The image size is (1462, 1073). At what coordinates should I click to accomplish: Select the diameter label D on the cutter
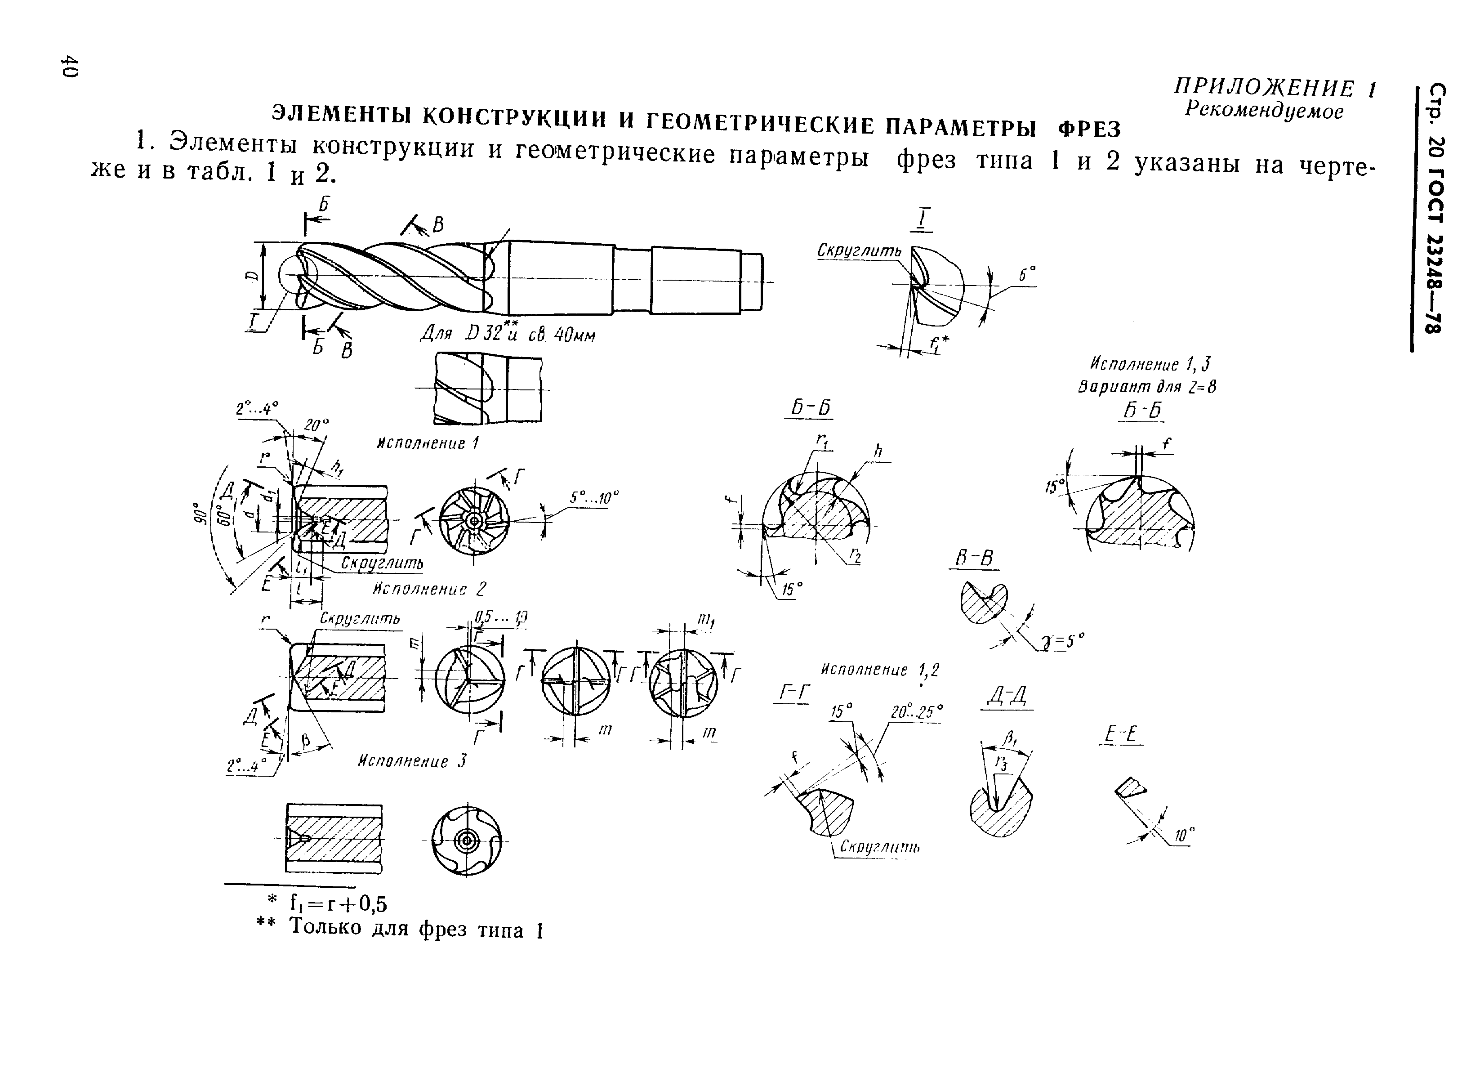(x=250, y=276)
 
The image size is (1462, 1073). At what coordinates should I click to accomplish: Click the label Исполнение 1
(x=428, y=443)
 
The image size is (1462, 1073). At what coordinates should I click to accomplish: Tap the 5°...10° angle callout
(x=594, y=498)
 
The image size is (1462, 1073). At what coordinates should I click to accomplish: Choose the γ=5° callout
(x=1063, y=642)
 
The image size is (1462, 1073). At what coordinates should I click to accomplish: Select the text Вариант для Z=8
(x=1146, y=387)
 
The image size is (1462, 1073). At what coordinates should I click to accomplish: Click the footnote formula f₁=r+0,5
(x=338, y=903)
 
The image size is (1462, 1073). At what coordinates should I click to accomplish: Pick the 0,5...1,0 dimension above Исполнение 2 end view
(x=500, y=617)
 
